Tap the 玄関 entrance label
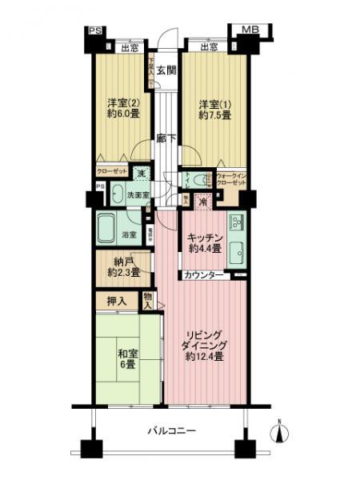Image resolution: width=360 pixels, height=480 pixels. click(165, 70)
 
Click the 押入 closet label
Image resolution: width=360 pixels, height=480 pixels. click(116, 302)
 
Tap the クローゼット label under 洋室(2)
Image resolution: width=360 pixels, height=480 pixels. click(110, 171)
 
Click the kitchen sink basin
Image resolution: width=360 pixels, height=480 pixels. click(237, 254)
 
